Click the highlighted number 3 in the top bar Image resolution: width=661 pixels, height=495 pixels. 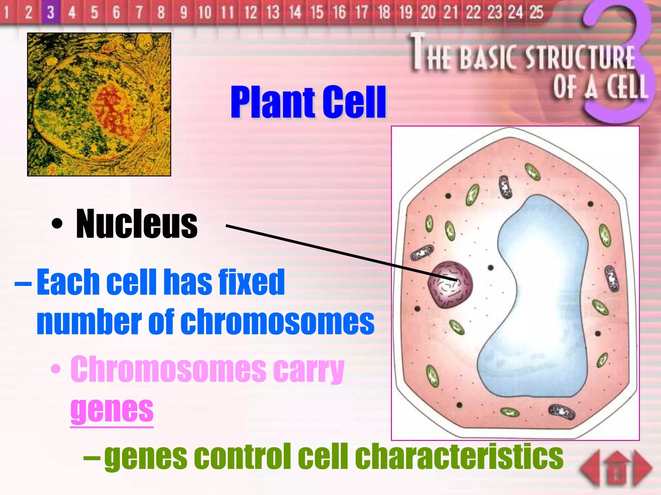click(50, 12)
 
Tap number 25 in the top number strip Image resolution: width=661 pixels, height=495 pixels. click(536, 12)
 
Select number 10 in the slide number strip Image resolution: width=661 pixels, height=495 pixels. click(205, 12)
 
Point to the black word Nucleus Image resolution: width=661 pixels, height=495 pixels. click(137, 224)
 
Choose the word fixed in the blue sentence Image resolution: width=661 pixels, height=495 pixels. click(251, 282)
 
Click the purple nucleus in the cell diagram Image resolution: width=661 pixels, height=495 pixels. click(450, 285)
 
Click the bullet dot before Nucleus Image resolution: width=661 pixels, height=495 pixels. click(57, 224)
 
